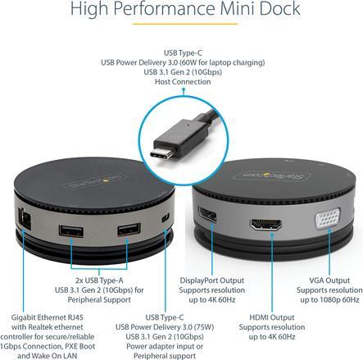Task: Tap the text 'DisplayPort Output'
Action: tap(211, 280)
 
